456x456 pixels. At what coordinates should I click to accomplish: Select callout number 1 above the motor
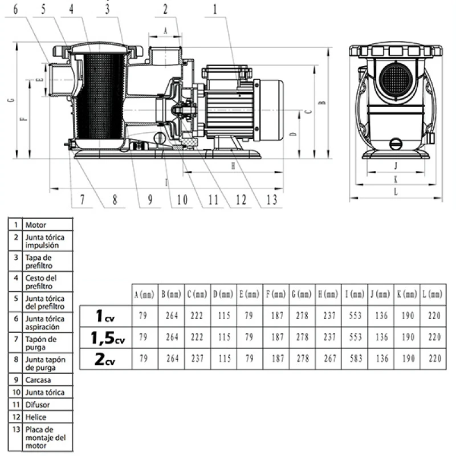click(215, 9)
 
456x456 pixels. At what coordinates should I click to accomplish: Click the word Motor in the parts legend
click(35, 225)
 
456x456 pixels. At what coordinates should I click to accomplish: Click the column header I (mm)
click(354, 295)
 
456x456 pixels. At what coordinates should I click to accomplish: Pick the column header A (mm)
click(144, 295)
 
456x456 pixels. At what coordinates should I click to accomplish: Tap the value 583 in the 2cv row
click(355, 359)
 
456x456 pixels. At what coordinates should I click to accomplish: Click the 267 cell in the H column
click(328, 359)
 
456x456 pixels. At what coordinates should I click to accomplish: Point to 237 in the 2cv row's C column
click(197, 359)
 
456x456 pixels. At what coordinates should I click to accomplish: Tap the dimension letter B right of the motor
click(323, 103)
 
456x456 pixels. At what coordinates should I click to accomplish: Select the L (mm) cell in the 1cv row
click(434, 316)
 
